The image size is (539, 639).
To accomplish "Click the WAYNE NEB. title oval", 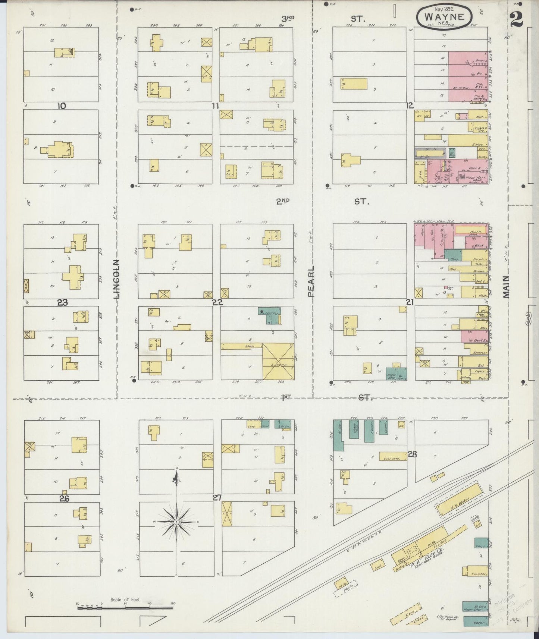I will pos(444,17).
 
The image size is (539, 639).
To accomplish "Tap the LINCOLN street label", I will pos(117,279).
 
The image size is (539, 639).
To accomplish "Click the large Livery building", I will pos(278,361).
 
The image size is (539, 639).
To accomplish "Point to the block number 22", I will pos(217,302).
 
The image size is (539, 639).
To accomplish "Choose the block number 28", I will pos(412,454).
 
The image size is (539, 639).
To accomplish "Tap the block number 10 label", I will pos(62,106).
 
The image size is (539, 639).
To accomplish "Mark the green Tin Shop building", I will pos(452,152).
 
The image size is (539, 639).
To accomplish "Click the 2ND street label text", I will pos(283,202).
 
